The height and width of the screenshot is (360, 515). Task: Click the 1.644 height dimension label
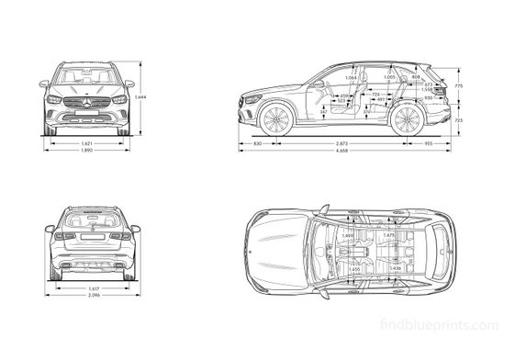pos(140,97)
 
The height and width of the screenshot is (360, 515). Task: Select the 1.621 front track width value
pos(85,144)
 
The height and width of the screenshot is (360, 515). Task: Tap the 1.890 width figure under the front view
pos(85,152)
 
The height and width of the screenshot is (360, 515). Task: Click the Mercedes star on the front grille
pos(85,100)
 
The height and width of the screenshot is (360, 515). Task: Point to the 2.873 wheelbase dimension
pos(341,144)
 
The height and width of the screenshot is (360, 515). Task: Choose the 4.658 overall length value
pos(341,152)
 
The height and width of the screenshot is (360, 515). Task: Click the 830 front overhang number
pos(258,144)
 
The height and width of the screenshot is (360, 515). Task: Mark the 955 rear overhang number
pos(427,144)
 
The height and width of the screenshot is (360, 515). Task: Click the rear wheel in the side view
pos(406,121)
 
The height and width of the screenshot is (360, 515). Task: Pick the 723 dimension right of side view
pos(458,120)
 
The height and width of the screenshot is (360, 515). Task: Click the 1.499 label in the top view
pos(347,238)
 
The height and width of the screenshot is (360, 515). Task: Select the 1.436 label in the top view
pos(396,268)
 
